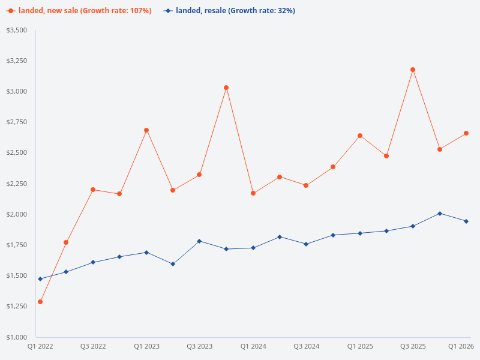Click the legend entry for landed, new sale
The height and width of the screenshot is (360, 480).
click(x=79, y=11)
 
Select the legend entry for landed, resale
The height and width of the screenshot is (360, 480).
click(x=229, y=11)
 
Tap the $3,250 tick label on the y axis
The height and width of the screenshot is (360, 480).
click(x=16, y=61)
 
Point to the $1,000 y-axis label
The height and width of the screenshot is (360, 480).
click(x=16, y=337)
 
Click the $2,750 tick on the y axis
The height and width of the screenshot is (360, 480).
click(x=16, y=122)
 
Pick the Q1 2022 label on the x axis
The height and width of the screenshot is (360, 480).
click(x=40, y=346)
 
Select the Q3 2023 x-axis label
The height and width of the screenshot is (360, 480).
click(x=199, y=346)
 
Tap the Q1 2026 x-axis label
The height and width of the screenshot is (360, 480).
click(x=461, y=346)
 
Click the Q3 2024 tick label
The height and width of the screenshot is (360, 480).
click(x=306, y=346)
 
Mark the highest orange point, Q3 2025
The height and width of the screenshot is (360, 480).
click(x=413, y=70)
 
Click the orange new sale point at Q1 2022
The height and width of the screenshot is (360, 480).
click(x=40, y=302)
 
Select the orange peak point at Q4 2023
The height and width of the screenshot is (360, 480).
click(x=226, y=88)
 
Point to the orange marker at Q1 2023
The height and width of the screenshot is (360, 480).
click(x=146, y=130)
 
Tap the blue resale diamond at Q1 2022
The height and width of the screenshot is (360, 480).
click(x=40, y=279)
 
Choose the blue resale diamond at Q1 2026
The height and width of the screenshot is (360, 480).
click(x=466, y=221)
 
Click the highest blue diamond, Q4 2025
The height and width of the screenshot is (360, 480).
click(x=440, y=214)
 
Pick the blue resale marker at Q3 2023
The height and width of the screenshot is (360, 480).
click(x=199, y=241)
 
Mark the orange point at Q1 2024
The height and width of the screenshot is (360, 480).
click(x=253, y=193)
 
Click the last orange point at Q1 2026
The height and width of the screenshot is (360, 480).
click(x=466, y=133)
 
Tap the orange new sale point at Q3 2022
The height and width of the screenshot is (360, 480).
click(x=93, y=190)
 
